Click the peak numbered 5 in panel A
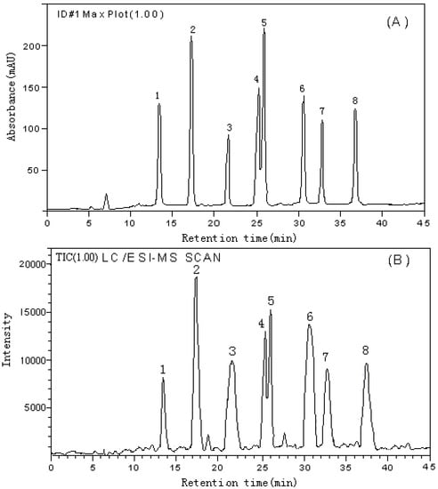(x=264, y=32)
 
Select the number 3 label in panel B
(x=231, y=351)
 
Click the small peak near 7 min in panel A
(x=106, y=195)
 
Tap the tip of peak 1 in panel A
(x=158, y=105)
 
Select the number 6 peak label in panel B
(x=310, y=317)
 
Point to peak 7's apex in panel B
(x=327, y=370)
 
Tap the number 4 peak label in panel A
(x=256, y=80)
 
